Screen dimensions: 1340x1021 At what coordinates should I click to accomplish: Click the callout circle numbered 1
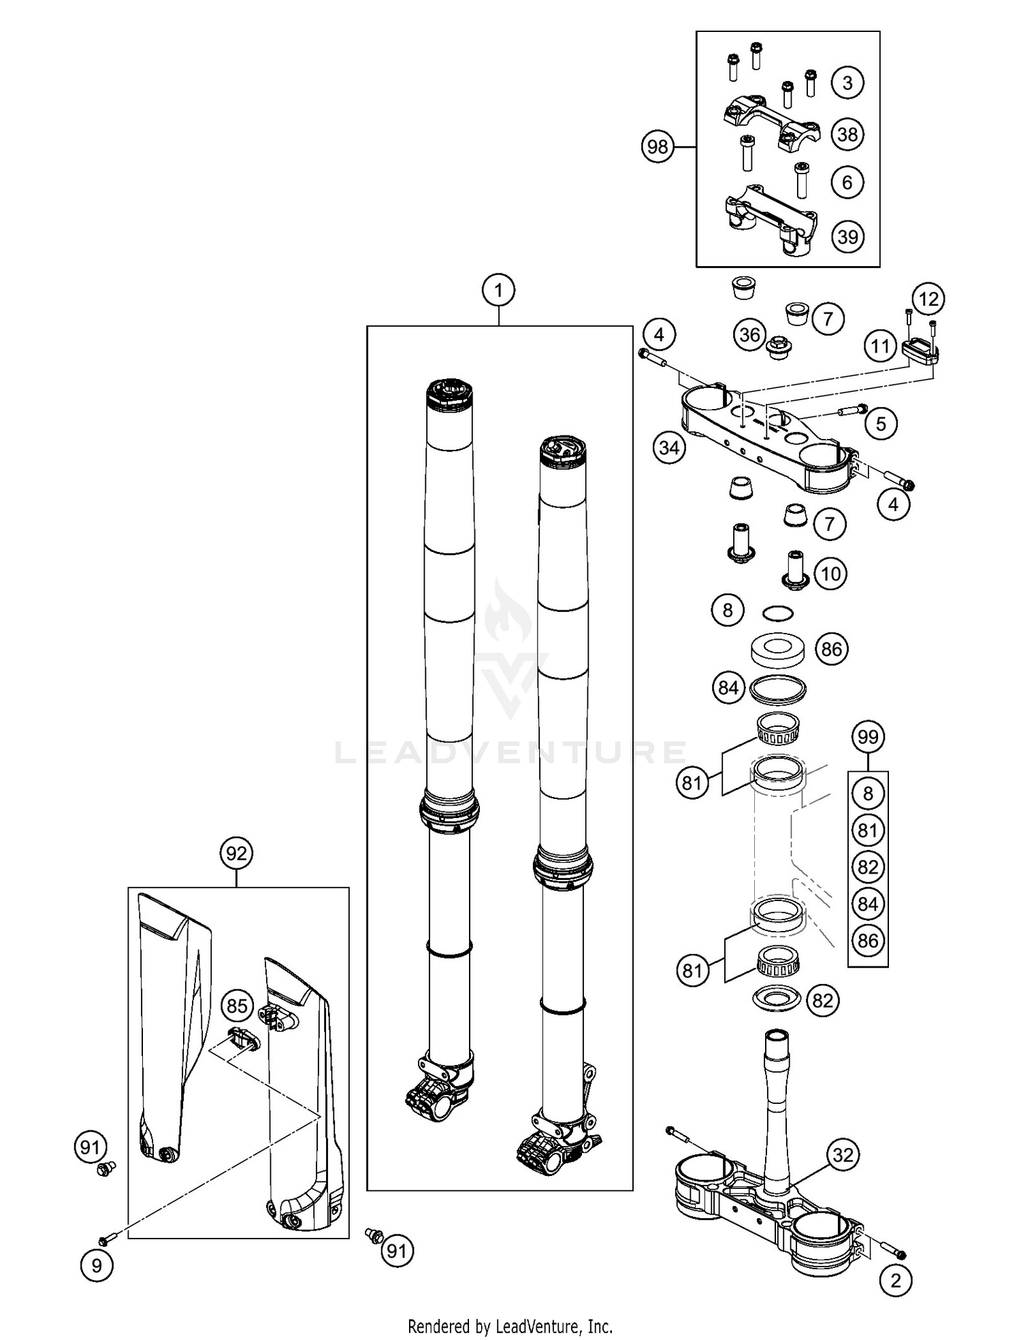point(498,291)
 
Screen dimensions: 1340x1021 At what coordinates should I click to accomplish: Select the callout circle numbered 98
point(658,147)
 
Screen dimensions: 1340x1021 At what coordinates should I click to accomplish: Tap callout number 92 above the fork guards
point(236,853)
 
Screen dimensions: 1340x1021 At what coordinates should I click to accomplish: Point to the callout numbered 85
point(237,1005)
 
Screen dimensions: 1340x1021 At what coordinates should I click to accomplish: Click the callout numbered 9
point(97,1265)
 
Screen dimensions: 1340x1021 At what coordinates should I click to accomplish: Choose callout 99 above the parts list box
point(868,737)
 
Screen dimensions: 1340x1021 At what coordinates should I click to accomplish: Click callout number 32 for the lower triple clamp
point(843,1155)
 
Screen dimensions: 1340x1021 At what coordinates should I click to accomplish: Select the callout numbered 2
point(896,1281)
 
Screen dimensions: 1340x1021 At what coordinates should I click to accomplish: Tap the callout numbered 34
point(669,448)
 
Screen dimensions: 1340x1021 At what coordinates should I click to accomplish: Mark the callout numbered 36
point(749,335)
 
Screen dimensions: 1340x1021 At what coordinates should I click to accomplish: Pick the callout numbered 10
point(831,574)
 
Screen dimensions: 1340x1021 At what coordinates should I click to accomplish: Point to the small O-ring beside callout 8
point(778,613)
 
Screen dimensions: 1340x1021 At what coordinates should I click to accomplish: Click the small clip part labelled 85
point(244,1039)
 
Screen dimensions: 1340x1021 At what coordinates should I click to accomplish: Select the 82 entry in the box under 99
point(868,867)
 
